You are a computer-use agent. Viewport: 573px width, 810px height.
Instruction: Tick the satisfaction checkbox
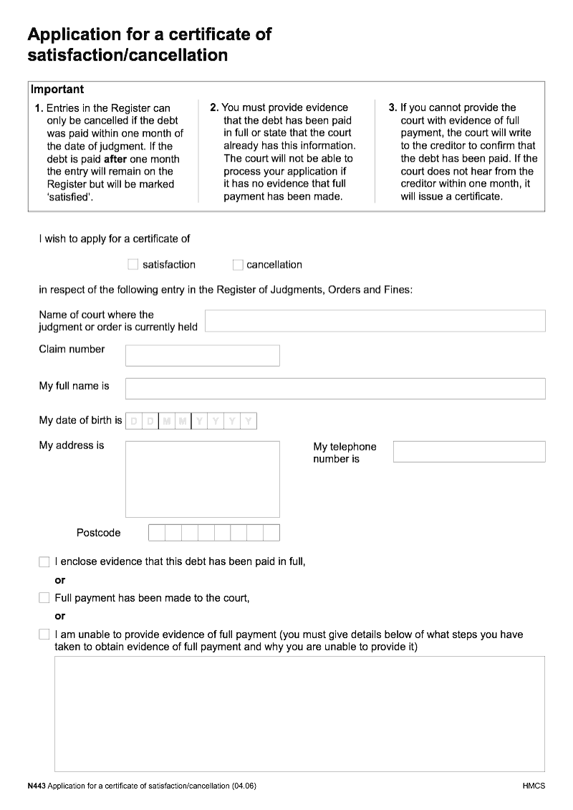133,264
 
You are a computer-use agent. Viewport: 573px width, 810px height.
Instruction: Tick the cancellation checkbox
238,264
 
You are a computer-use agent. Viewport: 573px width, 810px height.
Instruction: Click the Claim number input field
202,355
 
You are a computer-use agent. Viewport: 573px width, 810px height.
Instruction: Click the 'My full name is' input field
334,388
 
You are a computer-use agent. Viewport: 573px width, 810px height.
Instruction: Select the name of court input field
375,321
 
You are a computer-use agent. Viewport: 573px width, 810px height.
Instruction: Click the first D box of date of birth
133,421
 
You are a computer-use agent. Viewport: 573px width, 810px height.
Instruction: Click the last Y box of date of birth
248,421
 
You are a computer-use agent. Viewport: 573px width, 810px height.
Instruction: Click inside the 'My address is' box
202,478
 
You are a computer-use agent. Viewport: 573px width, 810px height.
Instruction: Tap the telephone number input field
468,451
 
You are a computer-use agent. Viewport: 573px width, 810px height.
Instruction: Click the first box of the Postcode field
156,533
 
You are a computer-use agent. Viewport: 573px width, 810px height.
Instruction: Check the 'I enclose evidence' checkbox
44,561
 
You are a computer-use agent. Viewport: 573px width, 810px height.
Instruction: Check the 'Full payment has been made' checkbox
44,597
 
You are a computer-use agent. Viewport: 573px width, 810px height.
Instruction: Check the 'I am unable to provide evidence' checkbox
44,635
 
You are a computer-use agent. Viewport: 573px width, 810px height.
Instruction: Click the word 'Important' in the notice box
57,90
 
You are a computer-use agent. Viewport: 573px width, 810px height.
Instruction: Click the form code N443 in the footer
37,786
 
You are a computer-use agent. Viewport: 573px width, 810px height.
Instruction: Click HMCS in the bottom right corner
534,786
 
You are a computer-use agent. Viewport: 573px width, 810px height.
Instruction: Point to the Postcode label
98,533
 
